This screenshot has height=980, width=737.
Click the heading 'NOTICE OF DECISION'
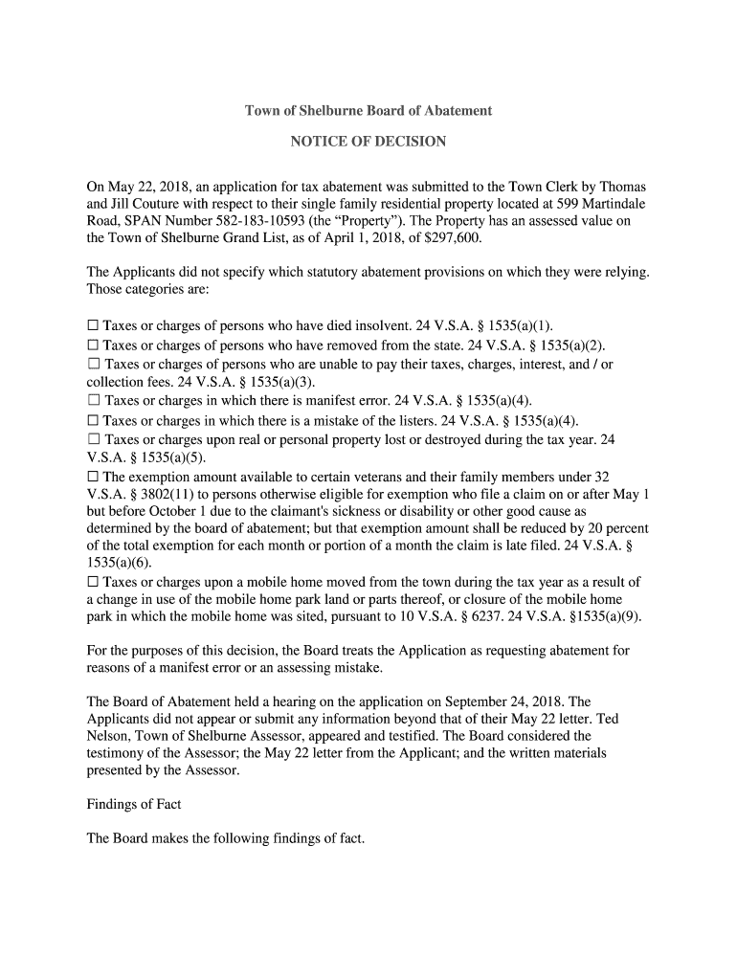368,142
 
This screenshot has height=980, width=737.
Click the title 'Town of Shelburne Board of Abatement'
368,111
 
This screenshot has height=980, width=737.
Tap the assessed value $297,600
452,238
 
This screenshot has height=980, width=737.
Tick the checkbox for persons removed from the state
93,345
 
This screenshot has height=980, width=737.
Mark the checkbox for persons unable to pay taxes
94,365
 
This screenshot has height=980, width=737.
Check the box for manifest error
93,401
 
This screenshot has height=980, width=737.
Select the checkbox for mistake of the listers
93,420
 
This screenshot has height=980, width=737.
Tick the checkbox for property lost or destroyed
93,438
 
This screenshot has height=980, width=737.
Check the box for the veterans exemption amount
93,477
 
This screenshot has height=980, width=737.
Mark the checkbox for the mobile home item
93,582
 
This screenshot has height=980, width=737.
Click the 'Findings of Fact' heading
134,804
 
